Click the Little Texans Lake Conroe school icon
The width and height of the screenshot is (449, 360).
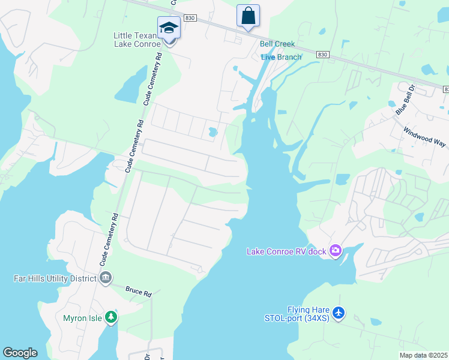tap(169, 28)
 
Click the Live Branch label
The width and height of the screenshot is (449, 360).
tap(282, 57)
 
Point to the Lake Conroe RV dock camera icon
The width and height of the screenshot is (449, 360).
tap(336, 250)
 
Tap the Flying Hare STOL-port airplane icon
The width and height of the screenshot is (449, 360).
tap(339, 313)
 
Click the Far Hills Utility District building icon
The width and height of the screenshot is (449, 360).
tap(106, 278)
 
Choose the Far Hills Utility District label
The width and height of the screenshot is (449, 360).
tap(55, 278)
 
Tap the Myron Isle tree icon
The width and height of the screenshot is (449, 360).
tap(110, 317)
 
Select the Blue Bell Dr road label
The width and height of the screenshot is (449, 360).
tap(405, 99)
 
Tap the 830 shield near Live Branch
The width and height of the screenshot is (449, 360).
tap(323, 55)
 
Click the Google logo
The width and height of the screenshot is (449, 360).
tap(20, 353)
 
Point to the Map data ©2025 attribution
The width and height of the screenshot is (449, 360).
tap(423, 355)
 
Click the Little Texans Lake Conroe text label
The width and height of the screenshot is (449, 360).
tap(137, 40)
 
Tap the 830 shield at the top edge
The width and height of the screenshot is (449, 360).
tap(190, 19)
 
